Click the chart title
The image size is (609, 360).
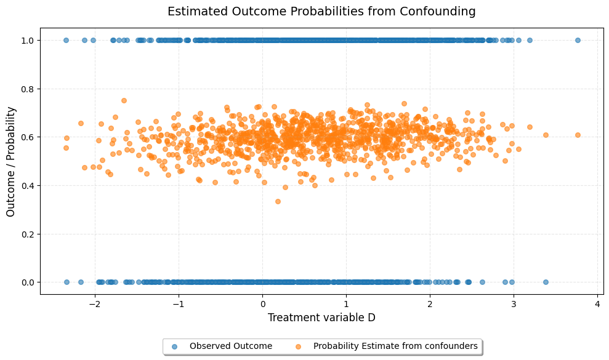click(x=321, y=11)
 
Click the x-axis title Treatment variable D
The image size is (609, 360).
click(x=321, y=318)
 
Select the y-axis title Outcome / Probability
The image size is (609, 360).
click(x=11, y=161)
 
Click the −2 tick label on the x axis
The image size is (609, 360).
click(x=95, y=304)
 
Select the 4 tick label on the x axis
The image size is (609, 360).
click(x=597, y=304)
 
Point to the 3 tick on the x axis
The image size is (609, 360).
click(x=514, y=304)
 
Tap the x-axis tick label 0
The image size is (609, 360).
click(x=262, y=304)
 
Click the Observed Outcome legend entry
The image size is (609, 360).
click(x=230, y=346)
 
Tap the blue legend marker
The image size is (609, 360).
click(x=174, y=346)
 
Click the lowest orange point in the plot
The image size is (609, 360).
click(x=278, y=201)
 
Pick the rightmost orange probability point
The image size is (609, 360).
click(x=578, y=135)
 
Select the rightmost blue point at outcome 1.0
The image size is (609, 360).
click(x=578, y=40)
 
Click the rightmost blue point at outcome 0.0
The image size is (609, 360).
click(x=546, y=282)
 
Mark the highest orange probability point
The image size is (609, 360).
click(x=124, y=100)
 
